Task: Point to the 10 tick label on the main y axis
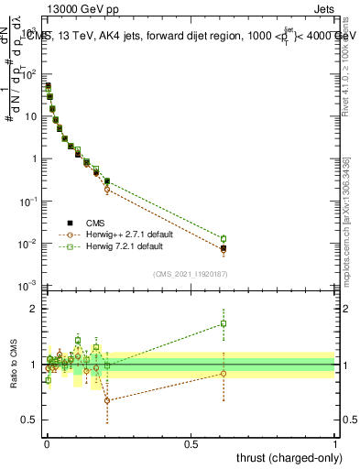29,116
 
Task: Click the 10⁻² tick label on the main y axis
27,244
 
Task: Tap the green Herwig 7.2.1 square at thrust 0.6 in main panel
224,239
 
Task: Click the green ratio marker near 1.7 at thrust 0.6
224,323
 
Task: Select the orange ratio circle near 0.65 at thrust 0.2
107,400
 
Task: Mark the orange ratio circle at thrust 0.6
224,373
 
